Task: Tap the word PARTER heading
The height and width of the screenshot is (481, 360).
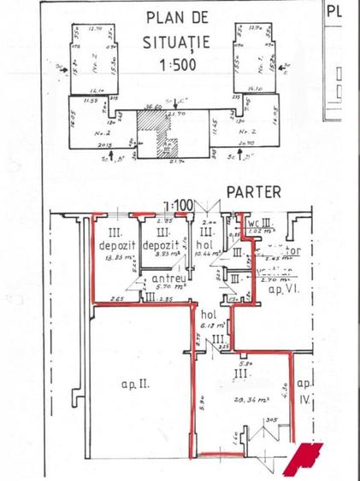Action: [x=254, y=192]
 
